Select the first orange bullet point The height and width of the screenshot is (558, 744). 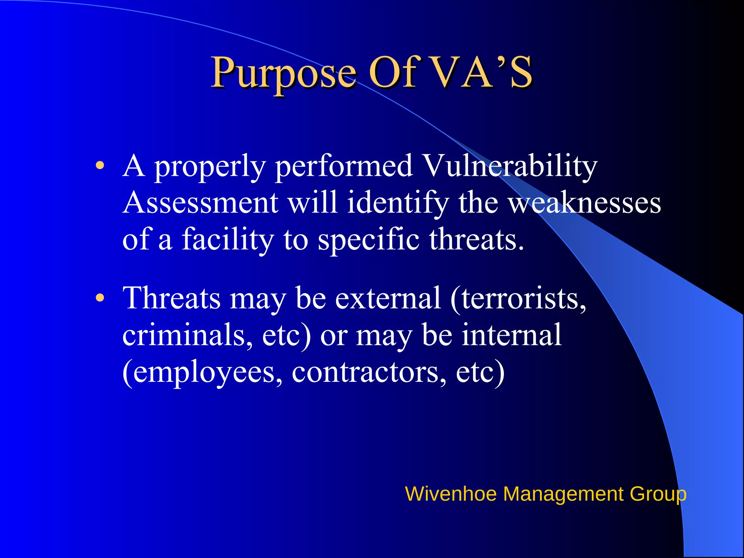pos(100,166)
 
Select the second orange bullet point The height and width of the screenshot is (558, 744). pos(100,298)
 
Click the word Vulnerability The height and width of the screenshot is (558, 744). pos(510,166)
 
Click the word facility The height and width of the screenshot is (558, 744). pos(227,239)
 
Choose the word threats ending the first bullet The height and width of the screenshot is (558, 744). pos(476,239)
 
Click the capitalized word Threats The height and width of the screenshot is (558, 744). pos(171,298)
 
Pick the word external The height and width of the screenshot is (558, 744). pos(388,298)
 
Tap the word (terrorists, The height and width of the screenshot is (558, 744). pos(518,298)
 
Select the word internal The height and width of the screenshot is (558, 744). pos(511,335)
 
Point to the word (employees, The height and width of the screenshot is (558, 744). pos(202,372)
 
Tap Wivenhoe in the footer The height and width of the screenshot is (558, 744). pos(450,494)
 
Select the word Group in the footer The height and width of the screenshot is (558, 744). pos(658,494)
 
